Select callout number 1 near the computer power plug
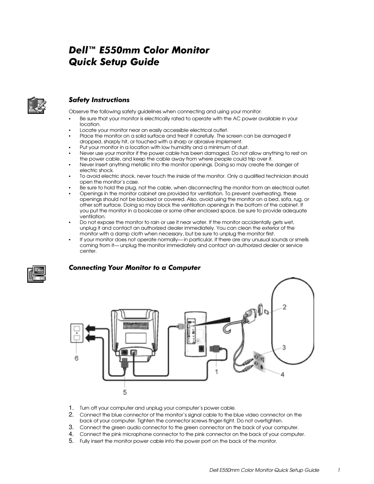point(217,371)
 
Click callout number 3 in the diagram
point(283,347)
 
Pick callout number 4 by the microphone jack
point(283,375)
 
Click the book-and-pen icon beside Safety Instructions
point(36,105)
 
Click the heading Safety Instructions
point(99,100)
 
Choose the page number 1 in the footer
point(338,470)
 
